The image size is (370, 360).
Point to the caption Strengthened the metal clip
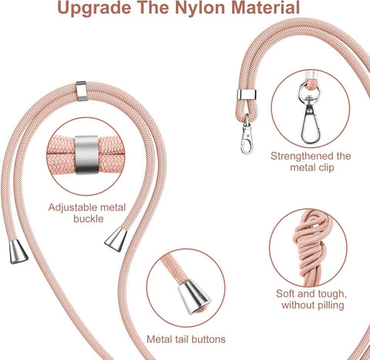click(x=311, y=162)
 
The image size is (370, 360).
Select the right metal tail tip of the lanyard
click(x=116, y=241)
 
